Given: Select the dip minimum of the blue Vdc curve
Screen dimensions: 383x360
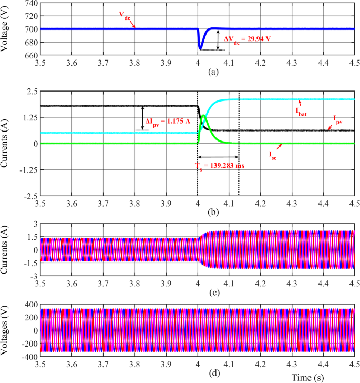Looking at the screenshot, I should (x=200, y=48).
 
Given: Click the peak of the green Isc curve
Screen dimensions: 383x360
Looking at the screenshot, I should (x=204, y=116).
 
